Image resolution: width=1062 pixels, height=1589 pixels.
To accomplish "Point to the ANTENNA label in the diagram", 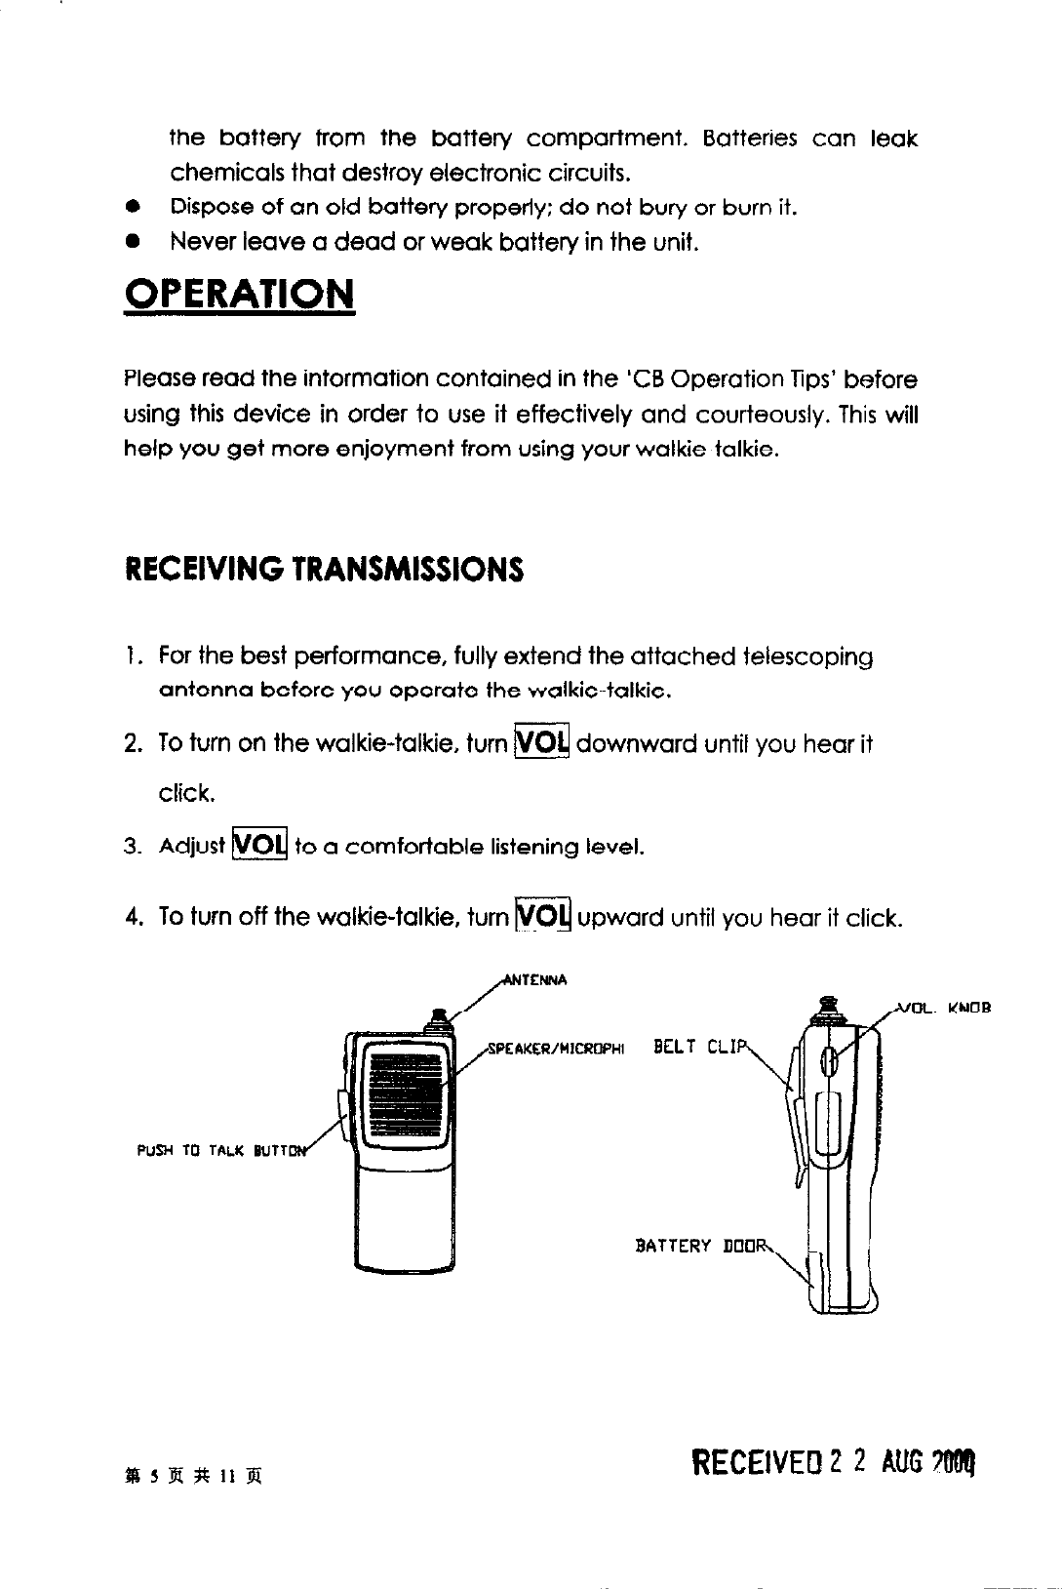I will coord(537,979).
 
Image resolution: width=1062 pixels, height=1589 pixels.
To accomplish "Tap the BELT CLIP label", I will coord(700,1048).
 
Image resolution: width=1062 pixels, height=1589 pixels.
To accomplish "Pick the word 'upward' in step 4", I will coord(620,918).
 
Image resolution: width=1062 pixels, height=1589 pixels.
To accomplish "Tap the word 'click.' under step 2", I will coord(186,793).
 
